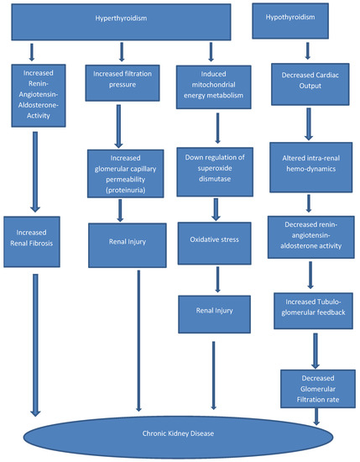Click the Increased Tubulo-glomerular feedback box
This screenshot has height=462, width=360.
click(309, 313)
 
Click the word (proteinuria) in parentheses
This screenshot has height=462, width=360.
click(123, 190)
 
